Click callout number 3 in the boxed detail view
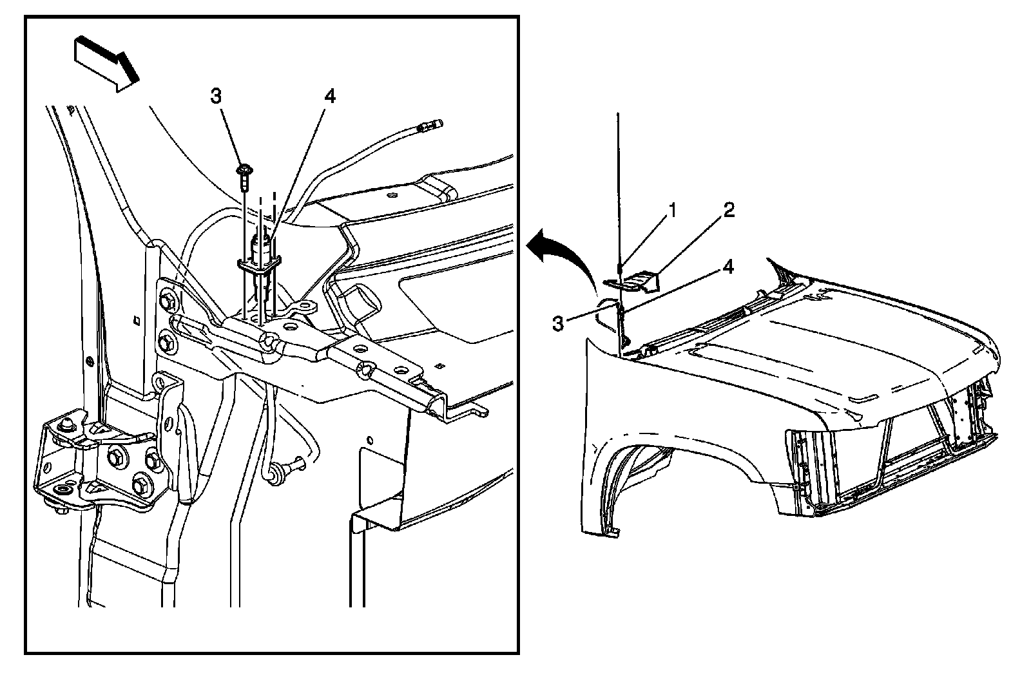pos(216,97)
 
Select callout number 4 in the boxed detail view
pos(329,97)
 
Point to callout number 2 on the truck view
pos(729,211)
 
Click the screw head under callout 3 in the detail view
pos(244,171)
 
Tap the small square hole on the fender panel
pos(136,319)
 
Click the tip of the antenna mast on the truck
pos(618,115)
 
